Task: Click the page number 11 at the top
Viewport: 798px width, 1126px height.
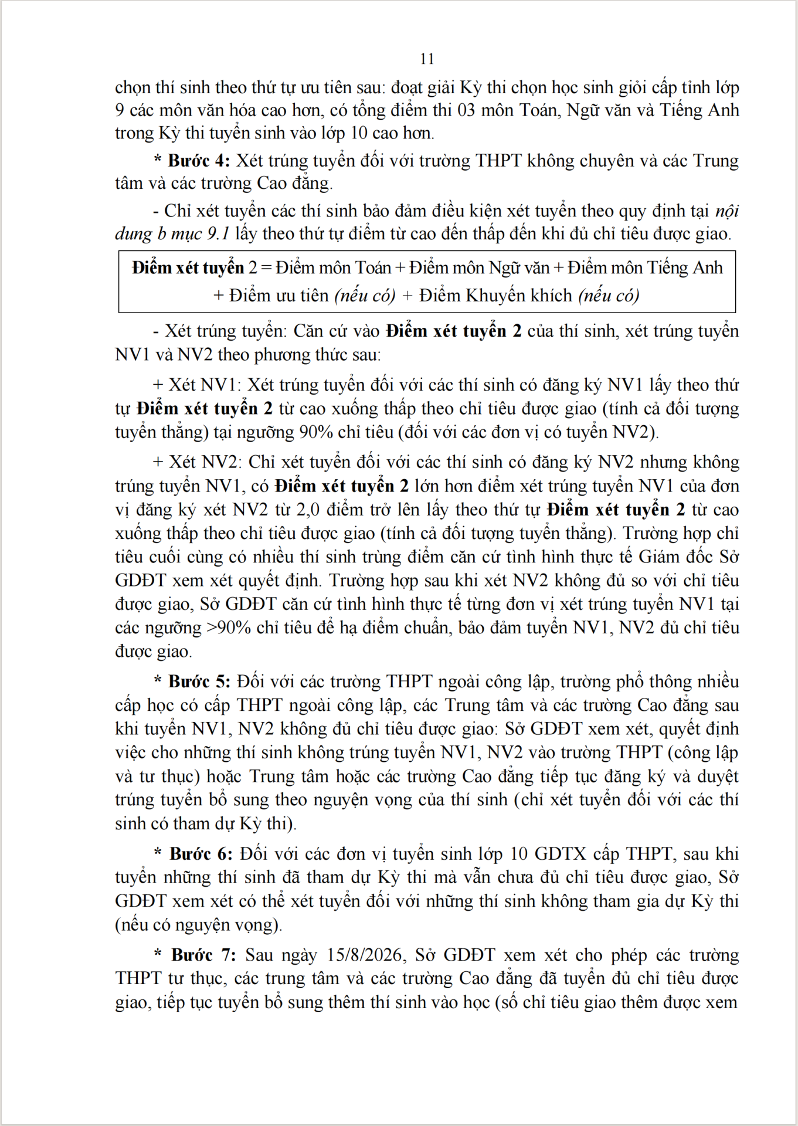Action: click(x=427, y=59)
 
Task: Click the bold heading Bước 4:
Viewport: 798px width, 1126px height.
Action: click(x=199, y=161)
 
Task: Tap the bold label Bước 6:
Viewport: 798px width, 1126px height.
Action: click(x=201, y=853)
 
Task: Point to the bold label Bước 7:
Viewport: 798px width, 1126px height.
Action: click(x=203, y=955)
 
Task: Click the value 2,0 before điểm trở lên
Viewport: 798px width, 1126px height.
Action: click(x=308, y=510)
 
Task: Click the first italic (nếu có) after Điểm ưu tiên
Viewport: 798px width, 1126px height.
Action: click(x=365, y=296)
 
